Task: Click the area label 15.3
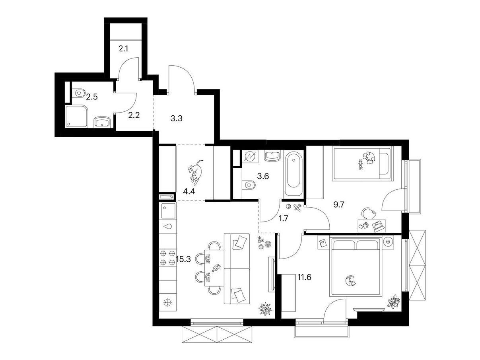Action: (x=183, y=259)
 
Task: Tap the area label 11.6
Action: (x=304, y=277)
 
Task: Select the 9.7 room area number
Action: (x=339, y=205)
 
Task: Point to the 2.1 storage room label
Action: (x=123, y=49)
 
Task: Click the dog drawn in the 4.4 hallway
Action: (x=195, y=171)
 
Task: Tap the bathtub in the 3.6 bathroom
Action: (x=293, y=174)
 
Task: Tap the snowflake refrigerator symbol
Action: (x=168, y=303)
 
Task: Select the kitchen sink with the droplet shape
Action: (x=168, y=226)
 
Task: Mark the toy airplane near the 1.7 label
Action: (x=297, y=207)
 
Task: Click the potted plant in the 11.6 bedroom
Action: (x=394, y=302)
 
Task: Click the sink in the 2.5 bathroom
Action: (x=102, y=122)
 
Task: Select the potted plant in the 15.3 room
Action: (x=265, y=309)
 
